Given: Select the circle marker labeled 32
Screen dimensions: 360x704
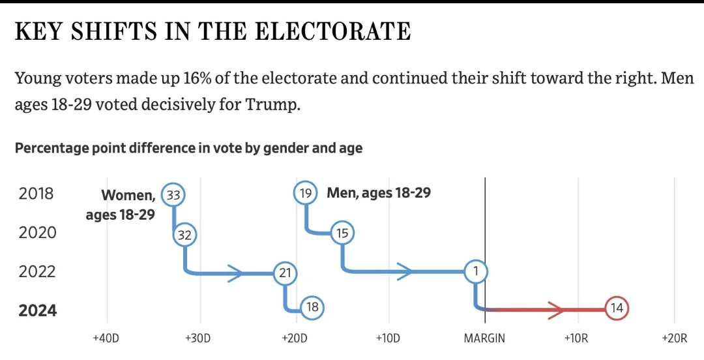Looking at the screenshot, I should click(184, 235).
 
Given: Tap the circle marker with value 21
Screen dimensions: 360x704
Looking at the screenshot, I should click(284, 273).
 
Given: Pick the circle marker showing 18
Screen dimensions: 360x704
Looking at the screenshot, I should click(312, 307).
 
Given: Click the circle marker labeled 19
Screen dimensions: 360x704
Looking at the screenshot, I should click(306, 193).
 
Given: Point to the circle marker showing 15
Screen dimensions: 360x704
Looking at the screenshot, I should click(343, 233).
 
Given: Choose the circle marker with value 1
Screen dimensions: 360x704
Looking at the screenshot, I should click(476, 271).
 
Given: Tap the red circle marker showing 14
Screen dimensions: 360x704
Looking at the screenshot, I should click(617, 308).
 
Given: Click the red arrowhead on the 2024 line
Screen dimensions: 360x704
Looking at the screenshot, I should click(557, 309).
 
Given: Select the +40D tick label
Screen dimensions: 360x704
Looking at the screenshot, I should click(106, 338).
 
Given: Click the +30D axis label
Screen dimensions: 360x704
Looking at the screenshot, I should click(198, 338).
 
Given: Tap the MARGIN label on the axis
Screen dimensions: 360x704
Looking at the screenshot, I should click(484, 338).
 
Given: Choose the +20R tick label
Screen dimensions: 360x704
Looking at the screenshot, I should click(674, 338).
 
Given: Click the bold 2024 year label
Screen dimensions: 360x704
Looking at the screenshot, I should click(38, 310).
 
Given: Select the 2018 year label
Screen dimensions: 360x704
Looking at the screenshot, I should click(37, 194).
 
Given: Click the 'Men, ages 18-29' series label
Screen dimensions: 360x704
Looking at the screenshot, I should click(379, 193).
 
